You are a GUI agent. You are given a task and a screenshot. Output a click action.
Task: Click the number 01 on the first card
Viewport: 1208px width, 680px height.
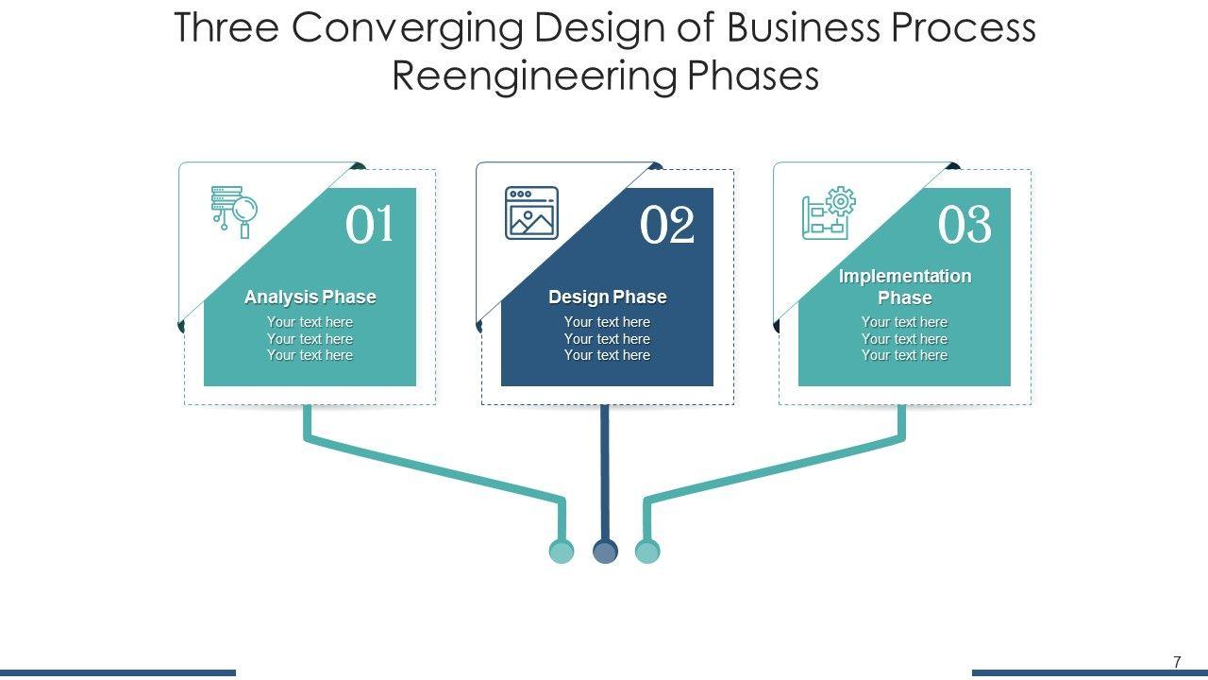[369, 226]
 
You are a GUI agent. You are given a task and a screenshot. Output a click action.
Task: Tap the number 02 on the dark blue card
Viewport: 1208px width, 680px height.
[666, 226]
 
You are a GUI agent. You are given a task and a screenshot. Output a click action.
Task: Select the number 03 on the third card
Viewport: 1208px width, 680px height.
[965, 226]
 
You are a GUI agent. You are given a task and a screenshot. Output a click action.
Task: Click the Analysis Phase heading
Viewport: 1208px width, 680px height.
[310, 297]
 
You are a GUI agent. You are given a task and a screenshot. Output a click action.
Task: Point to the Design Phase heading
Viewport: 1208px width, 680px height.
[607, 297]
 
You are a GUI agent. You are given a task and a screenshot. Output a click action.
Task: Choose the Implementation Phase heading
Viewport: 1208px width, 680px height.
[904, 286]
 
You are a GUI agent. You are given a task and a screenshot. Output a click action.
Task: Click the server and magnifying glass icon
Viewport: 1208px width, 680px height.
[234, 211]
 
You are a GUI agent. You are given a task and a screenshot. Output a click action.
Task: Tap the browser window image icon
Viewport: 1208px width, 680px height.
[531, 212]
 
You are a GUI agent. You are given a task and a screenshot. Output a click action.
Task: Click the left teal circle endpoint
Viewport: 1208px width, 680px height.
[562, 552]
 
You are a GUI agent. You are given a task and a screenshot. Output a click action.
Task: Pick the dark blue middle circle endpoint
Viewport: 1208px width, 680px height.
[605, 552]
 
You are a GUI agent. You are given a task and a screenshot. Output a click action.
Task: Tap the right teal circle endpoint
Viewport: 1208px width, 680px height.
[647, 552]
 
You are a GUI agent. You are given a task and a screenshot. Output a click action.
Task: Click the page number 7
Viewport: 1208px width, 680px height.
[1177, 662]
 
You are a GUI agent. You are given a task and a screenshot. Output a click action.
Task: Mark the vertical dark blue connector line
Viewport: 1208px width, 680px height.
[605, 472]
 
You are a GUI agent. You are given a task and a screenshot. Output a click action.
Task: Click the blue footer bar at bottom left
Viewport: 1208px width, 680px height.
[117, 672]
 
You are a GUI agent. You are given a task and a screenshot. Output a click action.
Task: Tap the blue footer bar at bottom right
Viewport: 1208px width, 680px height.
[1089, 672]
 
